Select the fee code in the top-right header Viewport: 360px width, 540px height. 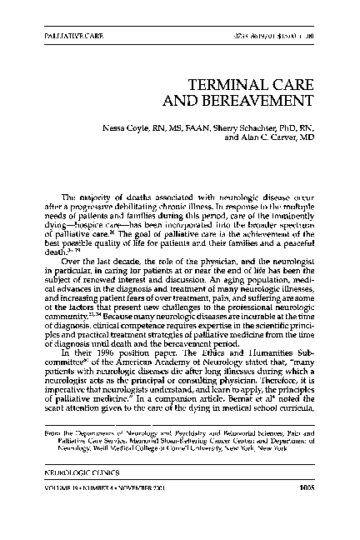pyautogui.click(x=272, y=39)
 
